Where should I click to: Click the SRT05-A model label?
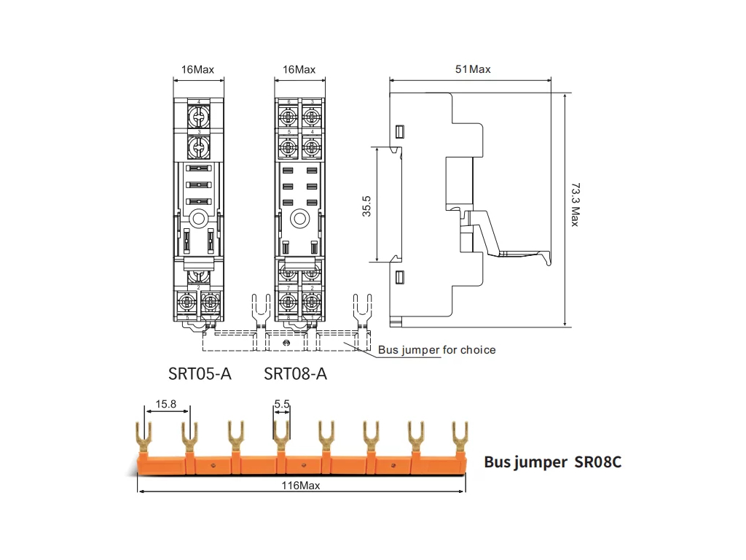point(200,374)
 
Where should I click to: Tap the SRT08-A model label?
point(295,374)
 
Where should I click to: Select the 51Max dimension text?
point(473,69)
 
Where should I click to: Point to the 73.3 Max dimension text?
point(575,205)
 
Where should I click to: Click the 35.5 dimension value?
point(367,205)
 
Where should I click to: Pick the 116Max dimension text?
point(302,486)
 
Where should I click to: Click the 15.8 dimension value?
point(167,404)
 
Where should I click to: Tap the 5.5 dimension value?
point(283,404)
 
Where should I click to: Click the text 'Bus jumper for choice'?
point(436,350)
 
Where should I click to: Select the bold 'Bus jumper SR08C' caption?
point(553,462)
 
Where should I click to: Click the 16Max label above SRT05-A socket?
point(197,69)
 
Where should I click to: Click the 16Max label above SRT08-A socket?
point(299,69)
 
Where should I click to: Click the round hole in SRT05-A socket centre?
point(198,218)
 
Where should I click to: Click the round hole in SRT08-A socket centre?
point(299,218)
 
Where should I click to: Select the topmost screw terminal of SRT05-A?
point(198,117)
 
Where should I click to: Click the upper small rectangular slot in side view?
point(398,131)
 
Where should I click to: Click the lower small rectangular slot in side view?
point(398,276)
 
